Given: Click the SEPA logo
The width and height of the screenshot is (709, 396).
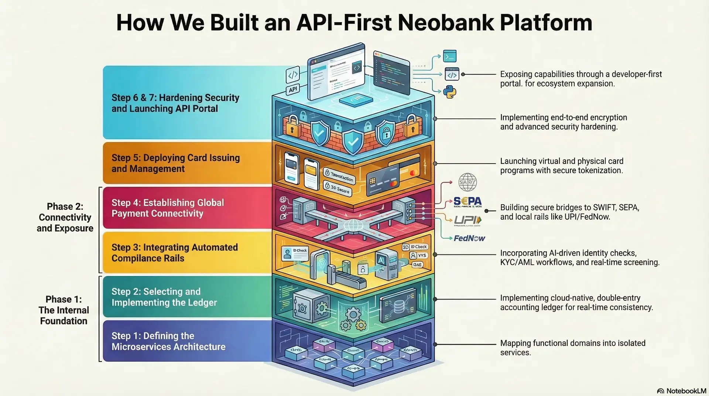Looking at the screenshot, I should pos(467,201).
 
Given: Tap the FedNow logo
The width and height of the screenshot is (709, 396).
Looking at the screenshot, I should pos(469,238).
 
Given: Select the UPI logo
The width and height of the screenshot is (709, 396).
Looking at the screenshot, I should pos(467,220).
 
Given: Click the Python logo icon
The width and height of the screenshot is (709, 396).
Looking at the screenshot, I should pos(450,92).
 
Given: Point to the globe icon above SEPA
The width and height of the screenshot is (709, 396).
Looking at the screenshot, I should pos(467,182).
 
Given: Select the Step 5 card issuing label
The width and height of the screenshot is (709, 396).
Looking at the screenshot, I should pos(175,163).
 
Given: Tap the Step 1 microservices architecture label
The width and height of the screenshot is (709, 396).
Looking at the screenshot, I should pos(168,341).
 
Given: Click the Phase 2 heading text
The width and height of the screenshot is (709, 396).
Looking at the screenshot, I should pos(65,217).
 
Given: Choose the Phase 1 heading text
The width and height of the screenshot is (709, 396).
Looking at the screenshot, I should pos(64,310).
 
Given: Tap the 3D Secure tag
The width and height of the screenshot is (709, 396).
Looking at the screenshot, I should pos(337,188).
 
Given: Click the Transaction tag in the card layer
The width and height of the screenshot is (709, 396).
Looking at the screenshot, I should pos(339,176).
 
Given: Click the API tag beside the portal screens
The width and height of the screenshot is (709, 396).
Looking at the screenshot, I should pos(293,89).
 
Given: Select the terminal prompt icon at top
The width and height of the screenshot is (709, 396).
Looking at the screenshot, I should pos(450,56).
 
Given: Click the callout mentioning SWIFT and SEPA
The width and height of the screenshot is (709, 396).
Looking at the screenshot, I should pos(569,212).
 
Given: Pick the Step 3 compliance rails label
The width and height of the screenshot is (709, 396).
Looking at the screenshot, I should pos(174,253).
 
